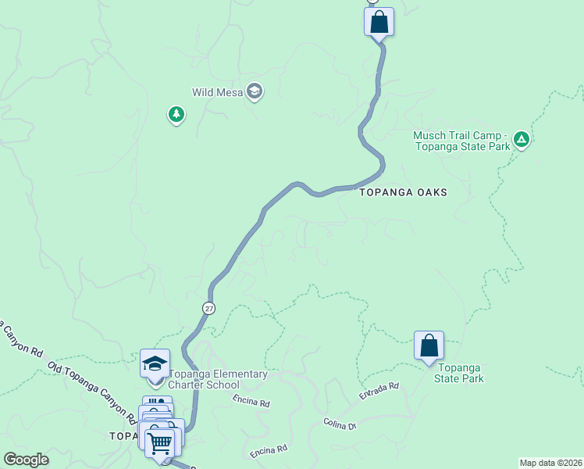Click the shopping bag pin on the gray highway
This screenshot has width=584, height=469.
(379, 21)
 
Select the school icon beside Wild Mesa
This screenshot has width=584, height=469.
(254, 92)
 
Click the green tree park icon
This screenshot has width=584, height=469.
(176, 116)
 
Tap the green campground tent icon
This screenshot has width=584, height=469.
(522, 141)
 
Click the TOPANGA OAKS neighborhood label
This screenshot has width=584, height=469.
(403, 192)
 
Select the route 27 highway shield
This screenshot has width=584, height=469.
(208, 308)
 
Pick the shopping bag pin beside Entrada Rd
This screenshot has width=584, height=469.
(429, 345)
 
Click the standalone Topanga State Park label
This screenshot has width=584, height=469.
(460, 374)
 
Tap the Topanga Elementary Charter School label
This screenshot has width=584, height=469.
(218, 379)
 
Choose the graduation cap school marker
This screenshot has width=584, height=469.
(155, 363)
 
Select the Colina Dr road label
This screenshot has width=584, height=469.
(340, 424)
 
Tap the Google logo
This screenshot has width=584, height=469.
(26, 460)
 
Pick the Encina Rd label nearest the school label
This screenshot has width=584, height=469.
(251, 402)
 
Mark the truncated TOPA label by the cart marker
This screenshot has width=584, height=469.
(123, 435)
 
